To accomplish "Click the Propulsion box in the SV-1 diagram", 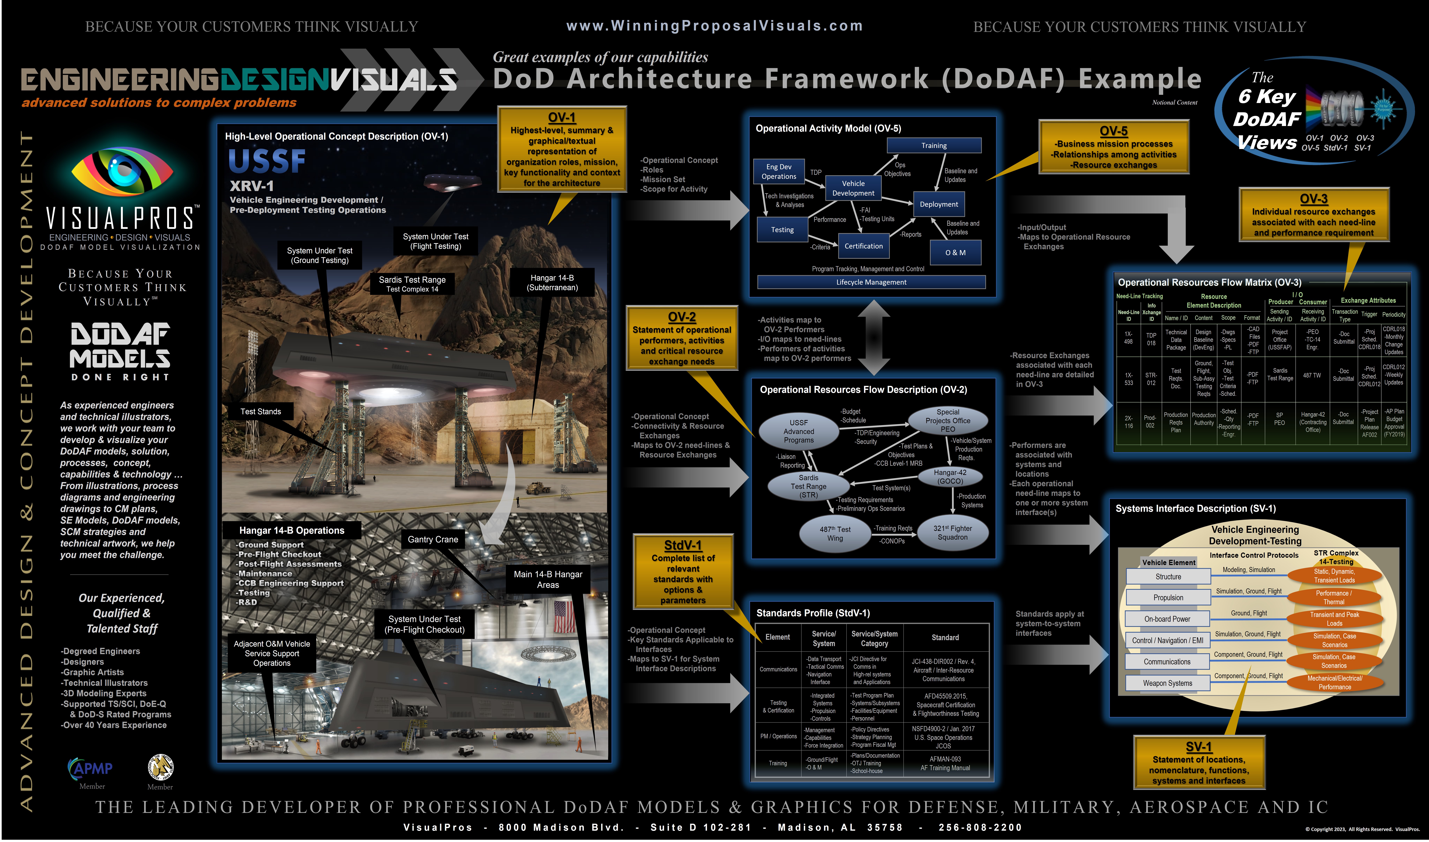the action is click(1168, 597).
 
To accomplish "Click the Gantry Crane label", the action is click(433, 539).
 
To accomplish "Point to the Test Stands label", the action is click(261, 411).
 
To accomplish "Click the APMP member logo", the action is click(91, 769).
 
